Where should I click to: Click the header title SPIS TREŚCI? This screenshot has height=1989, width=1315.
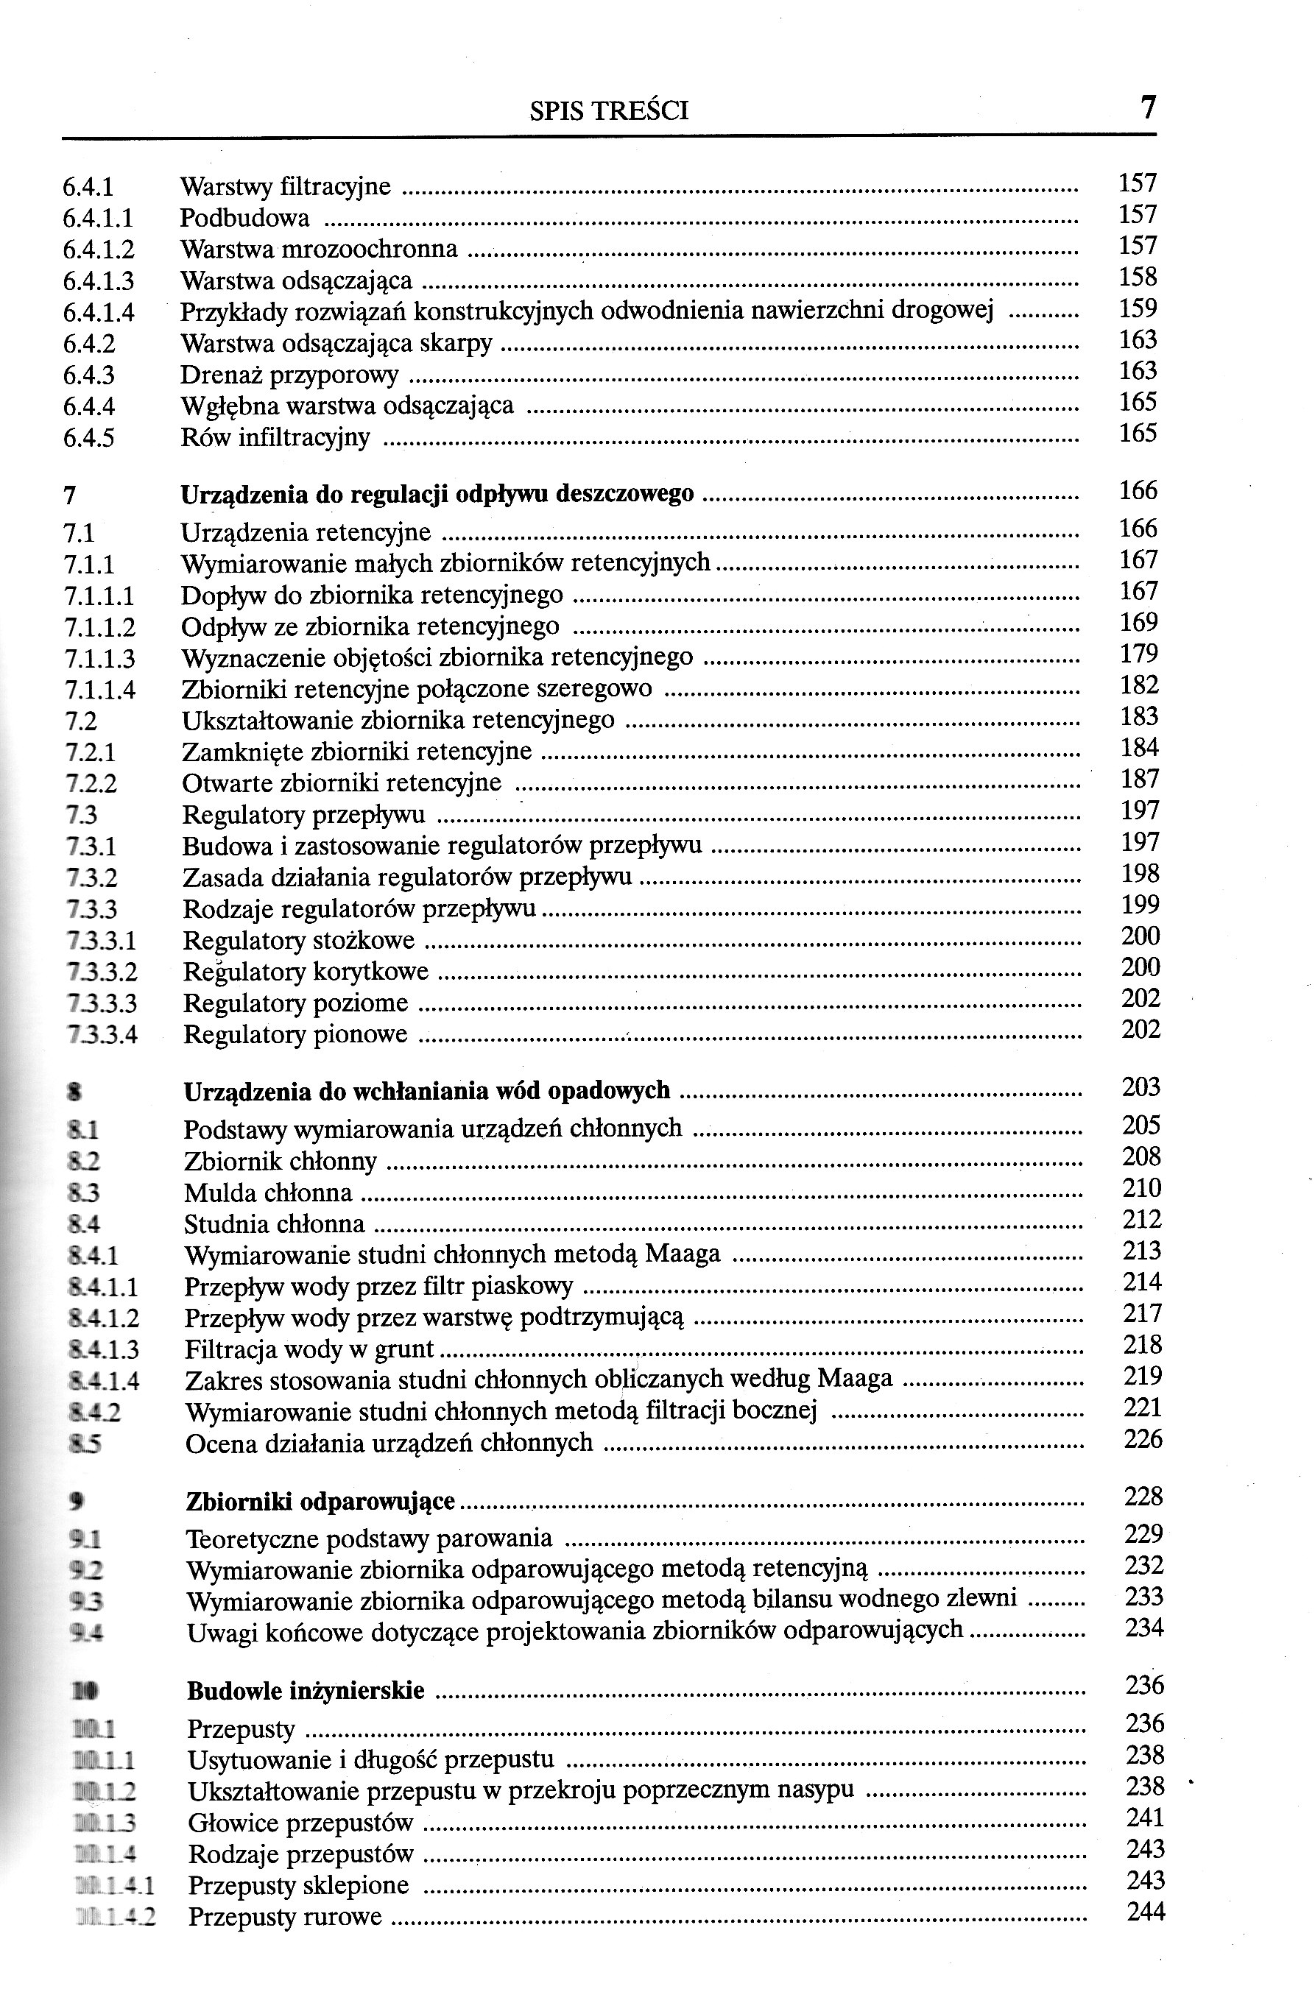609,110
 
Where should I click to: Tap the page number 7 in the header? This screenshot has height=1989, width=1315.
1147,107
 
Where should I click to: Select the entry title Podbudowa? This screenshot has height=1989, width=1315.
244,218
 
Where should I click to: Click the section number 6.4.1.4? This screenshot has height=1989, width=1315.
98,313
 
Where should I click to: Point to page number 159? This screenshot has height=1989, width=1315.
1138,308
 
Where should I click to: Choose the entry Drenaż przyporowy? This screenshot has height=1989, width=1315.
289,375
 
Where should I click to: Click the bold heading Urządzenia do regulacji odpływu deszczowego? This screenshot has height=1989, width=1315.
437,495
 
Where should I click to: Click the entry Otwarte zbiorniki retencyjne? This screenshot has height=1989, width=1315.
342,783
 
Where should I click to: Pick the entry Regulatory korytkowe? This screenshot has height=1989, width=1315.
306,972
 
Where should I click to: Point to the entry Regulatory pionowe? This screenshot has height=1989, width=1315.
295,1035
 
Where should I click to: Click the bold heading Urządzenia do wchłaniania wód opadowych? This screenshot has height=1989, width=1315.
426,1091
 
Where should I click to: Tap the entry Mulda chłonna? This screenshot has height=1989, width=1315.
267,1193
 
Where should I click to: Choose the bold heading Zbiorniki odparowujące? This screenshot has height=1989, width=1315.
320,1502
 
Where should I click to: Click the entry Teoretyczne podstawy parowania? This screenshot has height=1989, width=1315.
369,1538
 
